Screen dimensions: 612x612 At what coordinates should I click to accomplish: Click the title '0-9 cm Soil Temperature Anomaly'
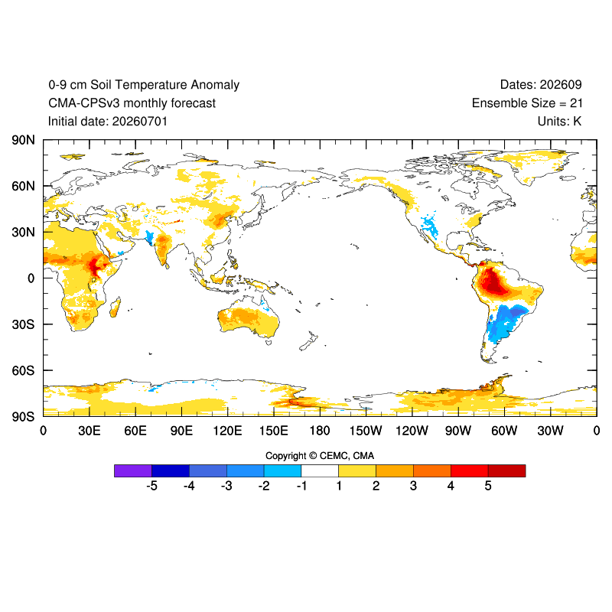pos(144,85)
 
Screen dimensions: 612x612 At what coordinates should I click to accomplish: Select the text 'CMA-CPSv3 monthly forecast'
pos(132,103)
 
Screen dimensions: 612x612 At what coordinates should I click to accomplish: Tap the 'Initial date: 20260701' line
pos(108,122)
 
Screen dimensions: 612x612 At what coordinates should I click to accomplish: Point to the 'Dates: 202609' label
pos(541,85)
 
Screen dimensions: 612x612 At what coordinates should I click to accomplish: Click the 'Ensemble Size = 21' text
pos(527,103)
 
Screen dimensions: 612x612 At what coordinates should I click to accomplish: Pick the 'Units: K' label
pos(559,122)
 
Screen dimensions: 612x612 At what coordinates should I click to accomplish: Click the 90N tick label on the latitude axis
pos(23,140)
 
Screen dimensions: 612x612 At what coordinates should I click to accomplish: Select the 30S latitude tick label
pos(23,324)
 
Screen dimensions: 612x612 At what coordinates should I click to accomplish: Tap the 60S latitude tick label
pos(23,370)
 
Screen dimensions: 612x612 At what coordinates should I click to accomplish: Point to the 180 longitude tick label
pos(320,431)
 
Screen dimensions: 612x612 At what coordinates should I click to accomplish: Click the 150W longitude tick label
pos(366,431)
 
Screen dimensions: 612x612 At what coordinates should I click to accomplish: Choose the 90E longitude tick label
pos(181,431)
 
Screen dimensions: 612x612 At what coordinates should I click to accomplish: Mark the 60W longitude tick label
pos(504,431)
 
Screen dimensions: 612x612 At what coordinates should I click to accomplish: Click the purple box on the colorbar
pos(133,470)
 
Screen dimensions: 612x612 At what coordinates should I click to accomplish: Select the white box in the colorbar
pos(320,470)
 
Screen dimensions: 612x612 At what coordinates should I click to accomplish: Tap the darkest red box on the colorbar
pos(506,470)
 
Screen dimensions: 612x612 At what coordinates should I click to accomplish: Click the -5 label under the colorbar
pos(151,486)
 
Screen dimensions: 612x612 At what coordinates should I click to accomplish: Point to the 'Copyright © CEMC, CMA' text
pos(320,456)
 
